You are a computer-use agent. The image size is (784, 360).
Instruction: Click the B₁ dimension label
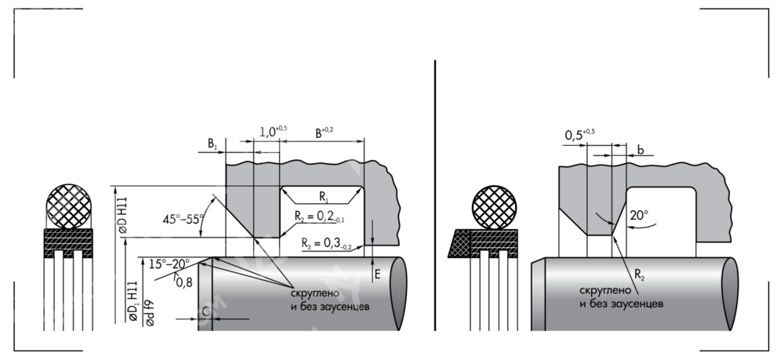tap(212, 144)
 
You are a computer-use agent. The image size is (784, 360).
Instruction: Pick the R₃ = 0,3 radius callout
tap(330, 245)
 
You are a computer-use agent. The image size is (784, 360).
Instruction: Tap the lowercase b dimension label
tap(641, 150)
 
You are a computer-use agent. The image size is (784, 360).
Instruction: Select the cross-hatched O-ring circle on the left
tap(70, 205)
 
